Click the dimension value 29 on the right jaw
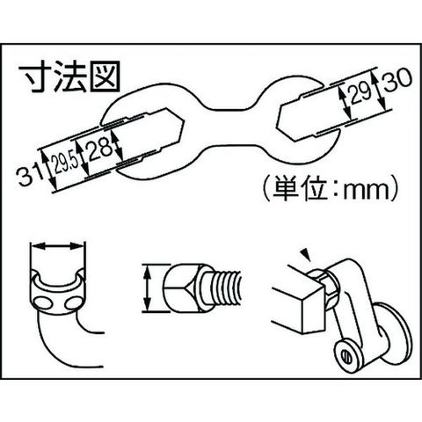(x=360, y=91)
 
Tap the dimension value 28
(x=100, y=149)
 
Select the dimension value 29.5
(x=65, y=163)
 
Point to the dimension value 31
(x=28, y=175)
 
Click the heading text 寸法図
(x=69, y=76)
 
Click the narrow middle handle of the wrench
(x=230, y=128)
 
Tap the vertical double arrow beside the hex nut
(x=148, y=288)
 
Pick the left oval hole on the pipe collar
(x=43, y=302)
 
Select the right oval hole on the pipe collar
(x=73, y=303)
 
